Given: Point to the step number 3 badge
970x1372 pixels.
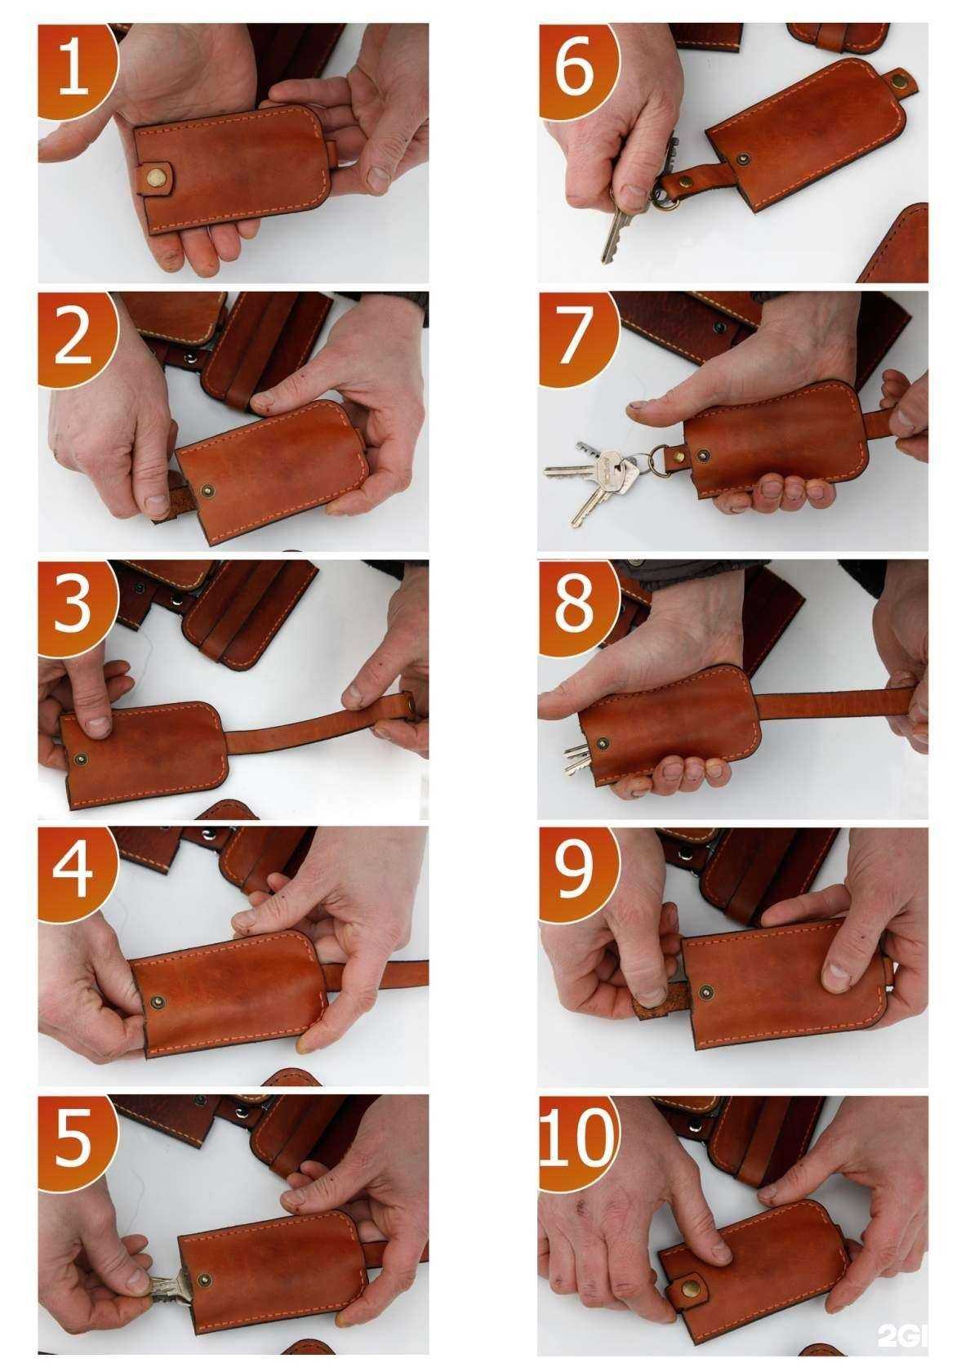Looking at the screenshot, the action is [75, 609].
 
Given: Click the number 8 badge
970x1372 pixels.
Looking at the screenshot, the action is [576, 609].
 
